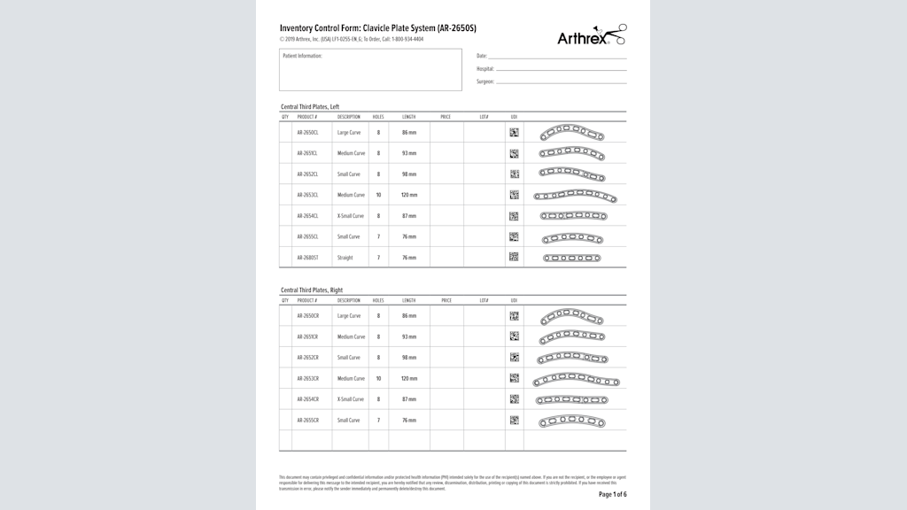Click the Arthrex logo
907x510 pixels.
(x=591, y=36)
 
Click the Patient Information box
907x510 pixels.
(x=370, y=70)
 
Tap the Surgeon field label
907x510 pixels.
(x=485, y=81)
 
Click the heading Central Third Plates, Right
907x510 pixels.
(x=312, y=290)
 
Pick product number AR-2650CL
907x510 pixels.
(x=307, y=133)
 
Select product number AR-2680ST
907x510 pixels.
(x=307, y=259)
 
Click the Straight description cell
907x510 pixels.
(x=345, y=259)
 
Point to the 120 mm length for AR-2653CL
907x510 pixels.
(x=408, y=195)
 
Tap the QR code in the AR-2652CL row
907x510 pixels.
(x=514, y=174)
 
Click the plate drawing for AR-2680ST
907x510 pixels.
(x=571, y=259)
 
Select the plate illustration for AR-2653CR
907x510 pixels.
(x=576, y=380)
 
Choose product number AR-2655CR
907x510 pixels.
(x=307, y=421)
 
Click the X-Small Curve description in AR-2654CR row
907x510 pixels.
(x=350, y=399)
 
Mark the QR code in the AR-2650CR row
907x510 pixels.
(x=514, y=315)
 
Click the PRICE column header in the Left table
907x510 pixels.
(x=446, y=117)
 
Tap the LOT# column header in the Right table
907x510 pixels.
(x=484, y=301)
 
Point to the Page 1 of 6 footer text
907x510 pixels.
(x=612, y=494)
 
